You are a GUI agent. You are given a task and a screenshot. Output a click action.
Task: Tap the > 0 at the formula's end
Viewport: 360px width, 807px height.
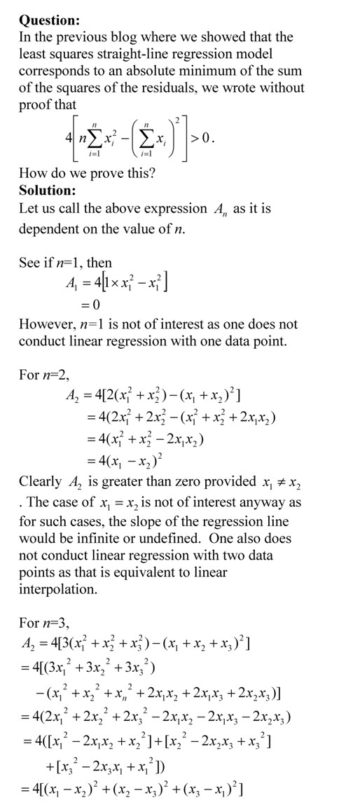click(x=204, y=138)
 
